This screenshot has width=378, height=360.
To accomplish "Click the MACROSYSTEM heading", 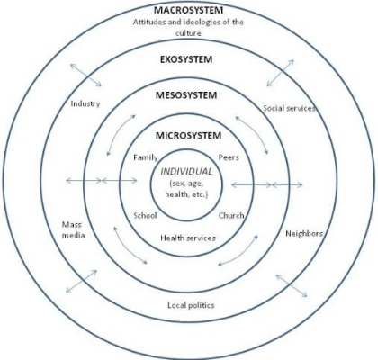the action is [x=189, y=10].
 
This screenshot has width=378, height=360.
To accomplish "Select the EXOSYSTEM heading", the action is [x=186, y=59].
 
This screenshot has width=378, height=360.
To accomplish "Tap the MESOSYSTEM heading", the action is [x=186, y=95].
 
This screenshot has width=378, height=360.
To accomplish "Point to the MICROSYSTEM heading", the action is [x=188, y=136].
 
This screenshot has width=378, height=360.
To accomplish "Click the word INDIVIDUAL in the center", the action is [x=186, y=172].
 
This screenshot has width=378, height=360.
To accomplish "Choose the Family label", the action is [x=146, y=157].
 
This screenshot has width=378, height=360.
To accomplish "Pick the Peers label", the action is [x=229, y=157].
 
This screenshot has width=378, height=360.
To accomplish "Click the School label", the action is [x=145, y=216].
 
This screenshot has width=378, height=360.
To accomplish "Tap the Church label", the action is [x=231, y=216].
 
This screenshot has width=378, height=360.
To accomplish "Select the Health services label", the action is [x=188, y=238].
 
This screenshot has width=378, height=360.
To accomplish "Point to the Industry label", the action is [x=85, y=103].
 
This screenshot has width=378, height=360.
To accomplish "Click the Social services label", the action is [x=289, y=108].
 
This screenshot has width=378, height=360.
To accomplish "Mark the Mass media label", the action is [x=73, y=230].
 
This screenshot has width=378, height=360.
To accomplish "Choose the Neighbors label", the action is [x=304, y=234].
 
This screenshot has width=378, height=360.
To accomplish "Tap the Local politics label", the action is [x=191, y=305].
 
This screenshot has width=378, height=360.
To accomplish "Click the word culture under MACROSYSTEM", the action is [x=188, y=33].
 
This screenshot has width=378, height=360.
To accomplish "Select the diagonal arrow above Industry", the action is [x=85, y=75].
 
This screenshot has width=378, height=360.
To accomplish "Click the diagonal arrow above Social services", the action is [x=280, y=73].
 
